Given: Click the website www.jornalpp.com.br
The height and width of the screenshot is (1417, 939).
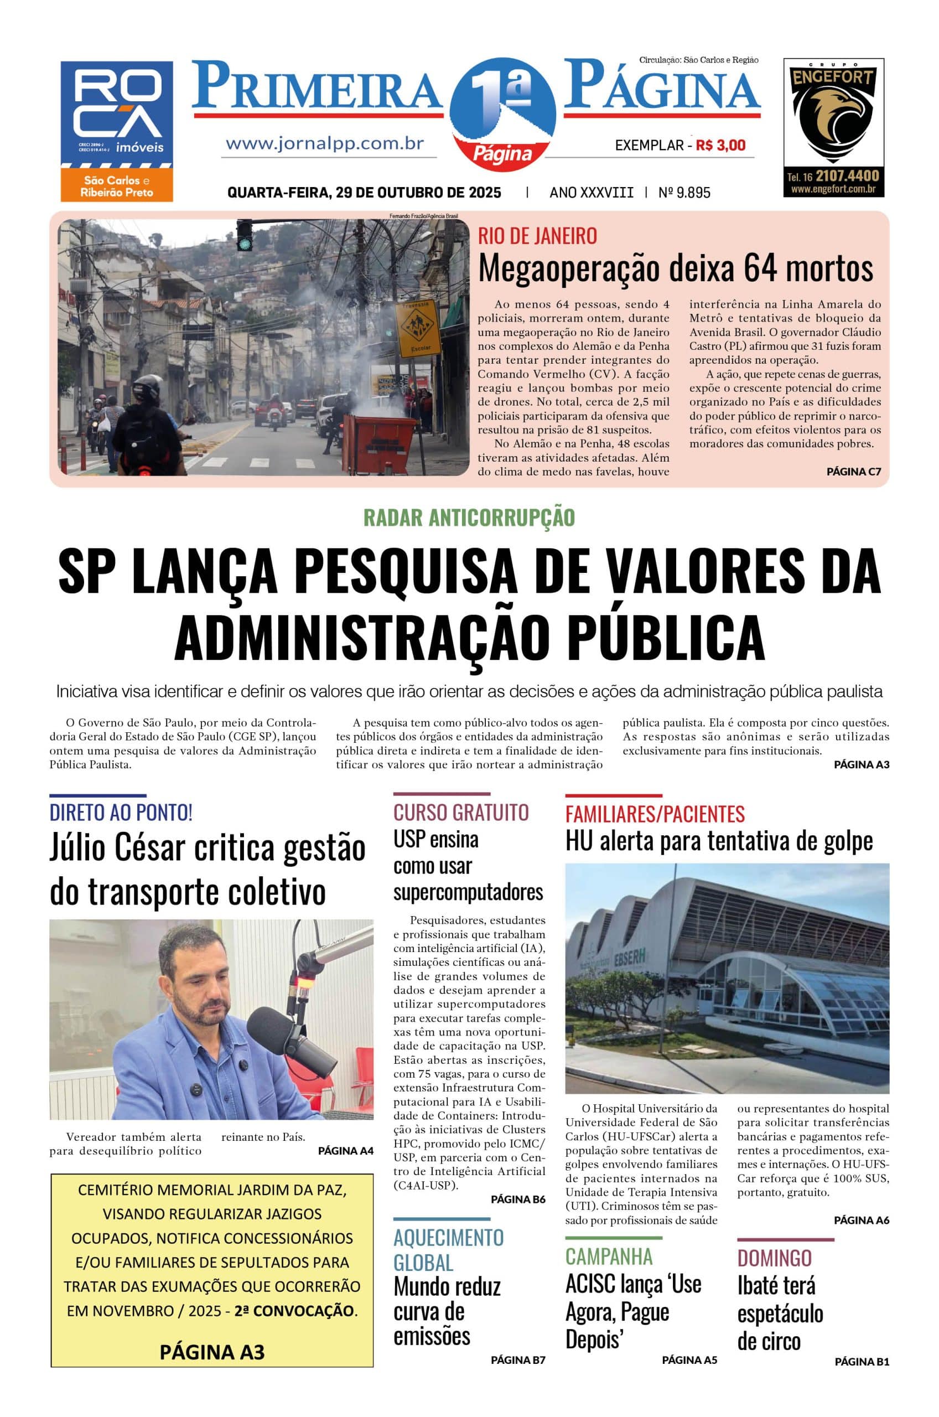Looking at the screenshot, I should click(325, 144).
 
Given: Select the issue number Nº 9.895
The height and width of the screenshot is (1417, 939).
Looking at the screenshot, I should click(684, 193).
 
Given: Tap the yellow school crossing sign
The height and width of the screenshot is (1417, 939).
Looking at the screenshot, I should click(417, 328).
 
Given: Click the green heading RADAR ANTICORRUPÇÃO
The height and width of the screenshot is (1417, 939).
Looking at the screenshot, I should click(469, 518).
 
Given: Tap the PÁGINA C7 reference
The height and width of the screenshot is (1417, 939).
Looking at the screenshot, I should click(853, 472).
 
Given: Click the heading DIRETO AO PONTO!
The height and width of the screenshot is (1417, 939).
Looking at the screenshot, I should click(121, 813).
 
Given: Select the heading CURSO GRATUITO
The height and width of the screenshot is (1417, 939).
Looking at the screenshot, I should click(460, 812).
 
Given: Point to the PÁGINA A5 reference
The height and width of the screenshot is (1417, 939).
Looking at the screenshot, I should click(689, 1359).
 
